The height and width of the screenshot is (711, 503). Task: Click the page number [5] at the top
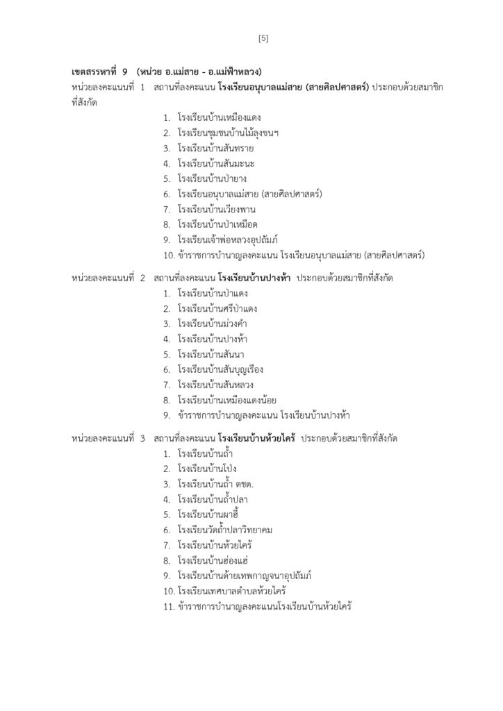coord(263,38)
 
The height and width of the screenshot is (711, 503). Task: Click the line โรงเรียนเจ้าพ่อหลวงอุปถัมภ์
coord(227,240)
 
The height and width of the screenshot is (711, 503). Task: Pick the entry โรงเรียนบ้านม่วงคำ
coord(213,324)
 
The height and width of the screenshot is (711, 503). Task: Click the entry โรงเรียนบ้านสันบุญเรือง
coord(220,369)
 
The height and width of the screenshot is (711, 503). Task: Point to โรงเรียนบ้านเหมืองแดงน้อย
coord(225,400)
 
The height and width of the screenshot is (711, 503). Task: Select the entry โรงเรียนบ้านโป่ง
coord(207,469)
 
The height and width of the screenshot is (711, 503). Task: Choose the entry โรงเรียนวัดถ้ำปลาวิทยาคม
coord(224,530)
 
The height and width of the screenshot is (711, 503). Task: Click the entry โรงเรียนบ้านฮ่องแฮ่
coord(213,560)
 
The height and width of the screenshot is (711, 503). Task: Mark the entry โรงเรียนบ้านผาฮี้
coord(208,515)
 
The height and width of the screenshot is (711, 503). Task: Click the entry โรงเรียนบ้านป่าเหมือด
coord(217,224)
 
